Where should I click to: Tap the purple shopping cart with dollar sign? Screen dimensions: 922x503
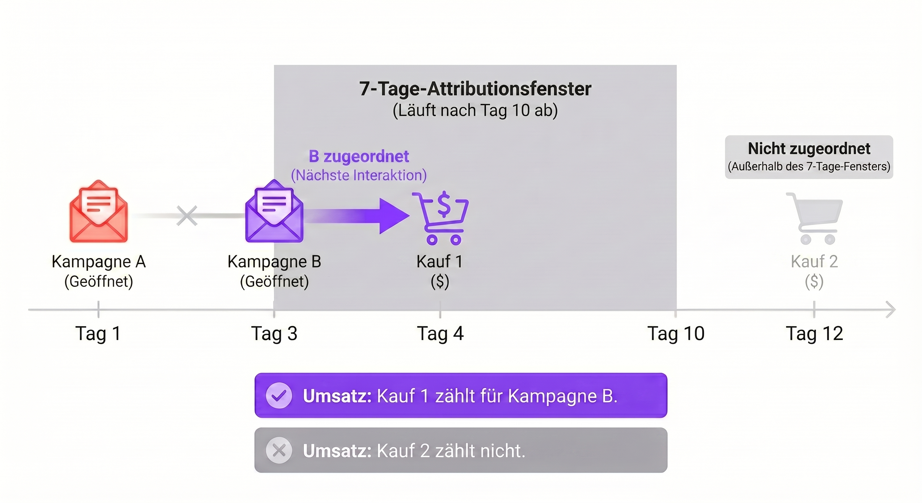440,218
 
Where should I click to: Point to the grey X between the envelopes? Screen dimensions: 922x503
187,215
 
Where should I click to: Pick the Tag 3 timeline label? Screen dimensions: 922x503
274,334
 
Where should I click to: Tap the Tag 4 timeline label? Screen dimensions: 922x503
440,334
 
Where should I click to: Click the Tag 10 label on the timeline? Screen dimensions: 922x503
676,334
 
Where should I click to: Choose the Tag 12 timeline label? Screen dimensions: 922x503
814,334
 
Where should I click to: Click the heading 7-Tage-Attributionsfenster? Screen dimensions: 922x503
475,89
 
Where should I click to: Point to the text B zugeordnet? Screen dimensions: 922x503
359,157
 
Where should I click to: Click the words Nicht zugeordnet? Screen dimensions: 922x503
809,149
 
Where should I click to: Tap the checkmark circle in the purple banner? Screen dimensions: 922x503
279,396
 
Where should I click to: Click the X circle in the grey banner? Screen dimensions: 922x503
279,450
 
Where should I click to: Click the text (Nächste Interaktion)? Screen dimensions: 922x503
359,176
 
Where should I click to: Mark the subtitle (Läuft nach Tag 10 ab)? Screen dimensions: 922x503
475,111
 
